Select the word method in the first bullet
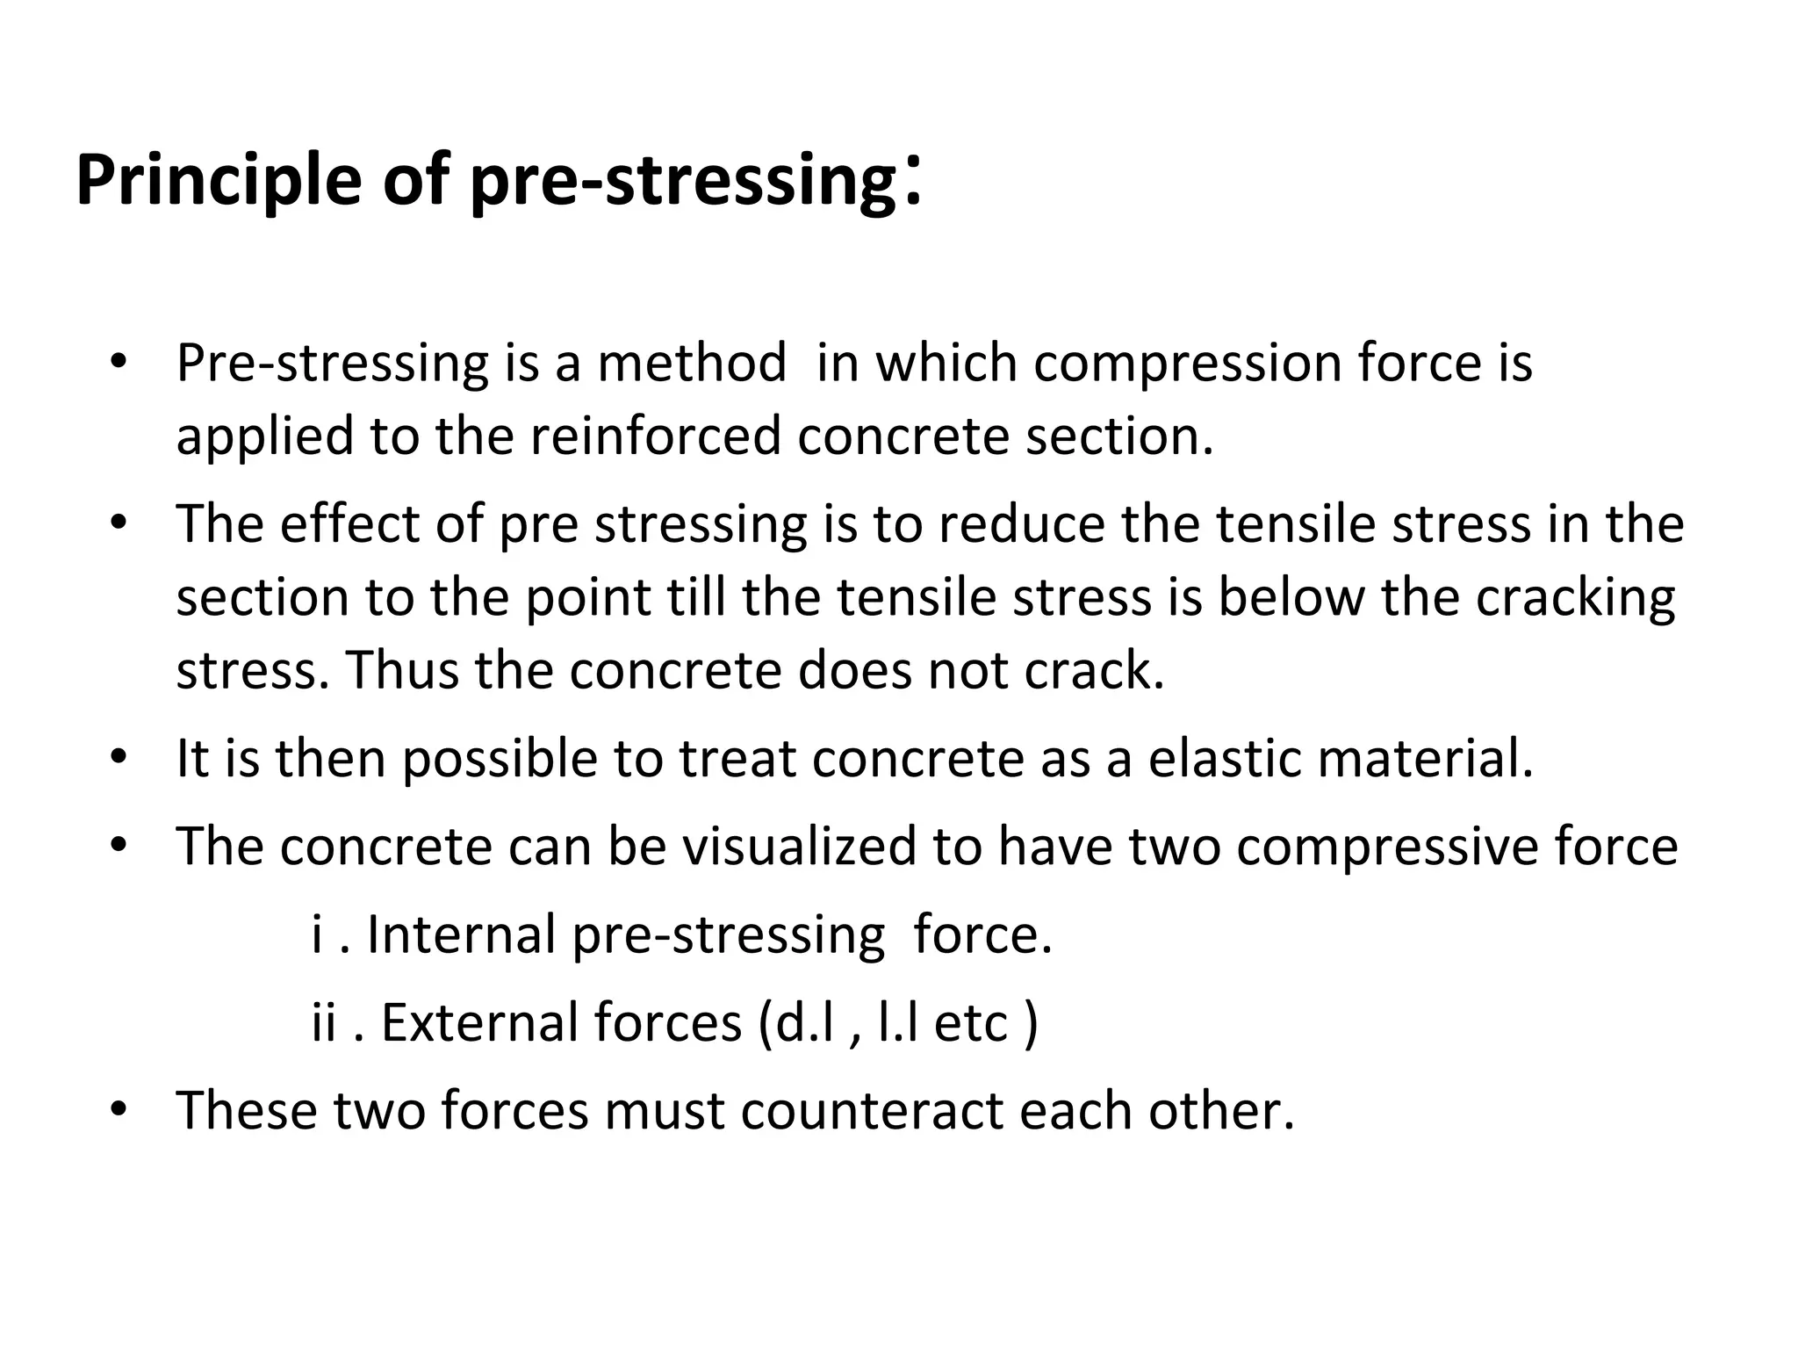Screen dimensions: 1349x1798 coord(692,363)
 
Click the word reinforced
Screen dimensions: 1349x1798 coord(655,436)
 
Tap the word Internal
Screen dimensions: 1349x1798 coord(461,934)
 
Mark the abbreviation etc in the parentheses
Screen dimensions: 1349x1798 coord(970,1024)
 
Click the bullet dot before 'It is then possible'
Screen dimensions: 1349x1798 coord(119,758)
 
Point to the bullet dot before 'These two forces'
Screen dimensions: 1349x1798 coord(119,1109)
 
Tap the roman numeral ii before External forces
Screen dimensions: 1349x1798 coord(324,1023)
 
